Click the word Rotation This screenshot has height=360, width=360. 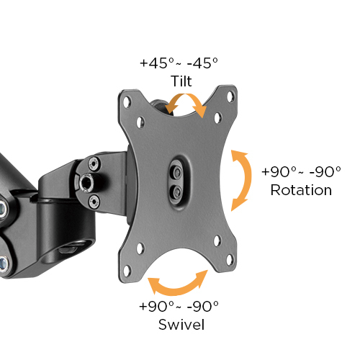tap(301, 190)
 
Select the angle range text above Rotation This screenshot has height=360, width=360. tap(301, 173)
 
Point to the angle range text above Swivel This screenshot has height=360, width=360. tap(181, 306)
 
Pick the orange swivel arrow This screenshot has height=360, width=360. tap(177, 285)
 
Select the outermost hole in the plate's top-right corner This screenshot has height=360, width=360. tap(230, 95)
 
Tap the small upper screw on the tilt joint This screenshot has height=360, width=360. tap(93, 164)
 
